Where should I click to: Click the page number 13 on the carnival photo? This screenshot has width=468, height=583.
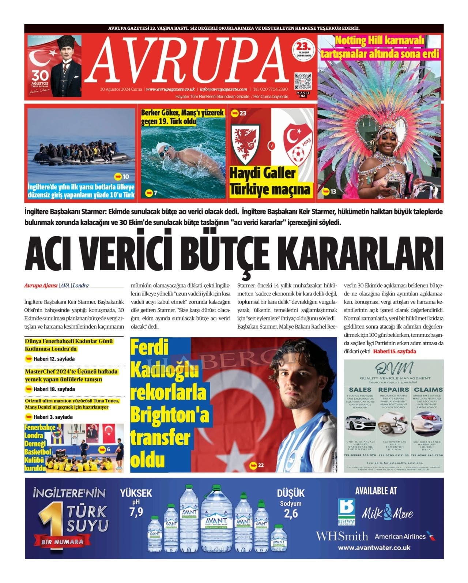point(333,191)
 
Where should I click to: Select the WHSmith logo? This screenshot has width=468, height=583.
point(342,537)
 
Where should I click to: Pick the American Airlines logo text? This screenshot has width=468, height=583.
point(400,537)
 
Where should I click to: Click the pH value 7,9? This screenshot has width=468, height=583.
point(136,512)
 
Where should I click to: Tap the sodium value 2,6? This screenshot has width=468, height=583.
point(291,514)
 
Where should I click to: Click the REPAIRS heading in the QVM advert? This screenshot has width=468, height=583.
point(393,390)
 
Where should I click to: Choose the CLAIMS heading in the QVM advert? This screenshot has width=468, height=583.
point(428,390)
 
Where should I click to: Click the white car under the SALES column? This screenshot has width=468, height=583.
point(360,423)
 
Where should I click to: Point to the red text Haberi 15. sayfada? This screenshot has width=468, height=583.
point(395,351)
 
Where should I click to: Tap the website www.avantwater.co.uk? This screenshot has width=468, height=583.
point(374,548)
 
